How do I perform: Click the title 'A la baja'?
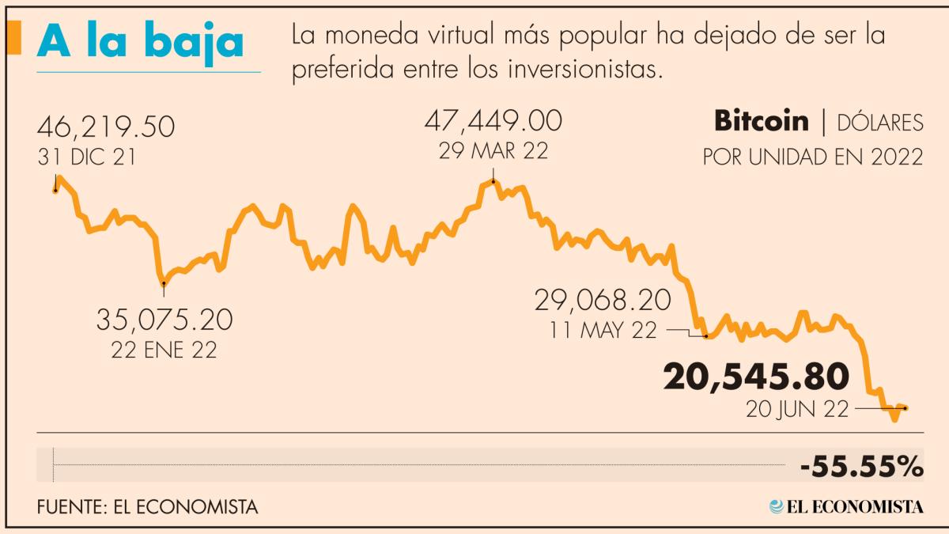140,43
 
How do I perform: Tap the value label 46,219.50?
106,127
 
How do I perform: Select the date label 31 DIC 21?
86,157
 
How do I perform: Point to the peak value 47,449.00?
493,121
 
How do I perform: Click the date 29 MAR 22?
493,150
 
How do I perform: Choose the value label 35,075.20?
164,320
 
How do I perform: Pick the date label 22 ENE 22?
164,350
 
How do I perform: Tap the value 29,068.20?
603,301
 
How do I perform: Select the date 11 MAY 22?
603,331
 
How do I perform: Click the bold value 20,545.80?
756,378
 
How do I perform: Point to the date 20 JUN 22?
796,409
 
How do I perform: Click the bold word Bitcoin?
762,121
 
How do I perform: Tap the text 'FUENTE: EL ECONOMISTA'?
147,507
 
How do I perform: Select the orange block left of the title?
13,40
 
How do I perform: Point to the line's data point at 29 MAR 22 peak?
493,182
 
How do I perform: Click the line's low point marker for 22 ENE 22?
164,282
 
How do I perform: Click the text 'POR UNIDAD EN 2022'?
813,157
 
